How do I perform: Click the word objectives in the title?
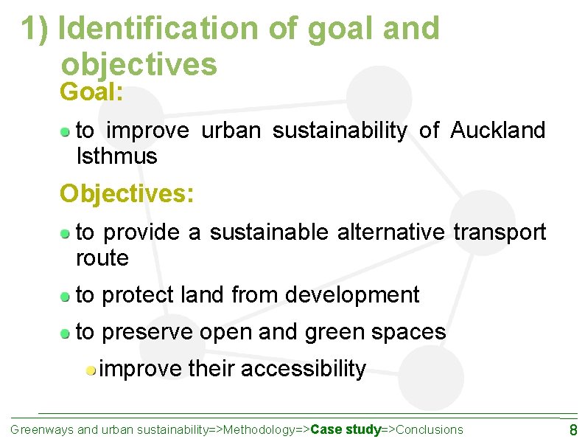[x=139, y=64]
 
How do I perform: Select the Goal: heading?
[x=91, y=93]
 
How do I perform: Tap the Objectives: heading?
[x=127, y=193]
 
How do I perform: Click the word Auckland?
[x=497, y=131]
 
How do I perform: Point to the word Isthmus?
[x=116, y=156]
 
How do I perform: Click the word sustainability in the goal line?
[x=339, y=131]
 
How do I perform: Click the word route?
[x=102, y=259]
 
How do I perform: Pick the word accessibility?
[x=303, y=368]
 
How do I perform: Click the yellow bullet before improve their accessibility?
[x=89, y=370]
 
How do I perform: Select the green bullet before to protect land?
[x=66, y=297]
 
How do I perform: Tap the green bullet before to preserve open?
[x=66, y=333]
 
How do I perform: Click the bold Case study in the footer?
[x=346, y=429]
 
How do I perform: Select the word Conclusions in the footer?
[x=430, y=429]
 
